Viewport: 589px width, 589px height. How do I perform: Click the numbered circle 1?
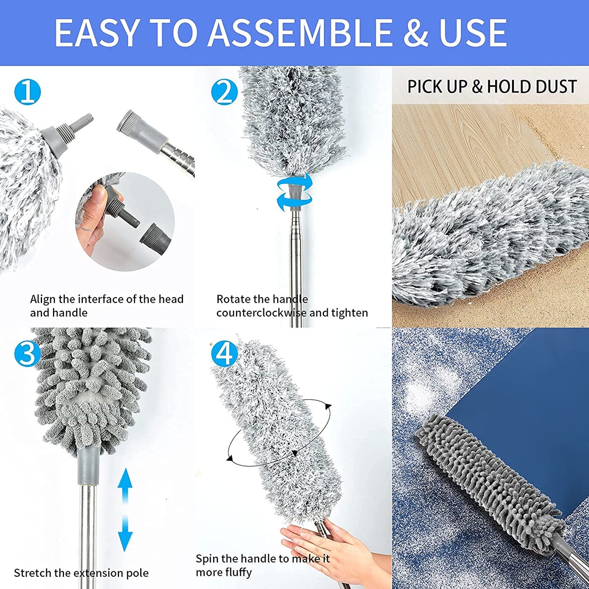tap(27, 92)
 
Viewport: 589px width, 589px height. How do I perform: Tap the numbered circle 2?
tap(224, 92)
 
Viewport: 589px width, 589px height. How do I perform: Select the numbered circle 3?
tap(27, 353)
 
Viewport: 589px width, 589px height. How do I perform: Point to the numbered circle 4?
tap(224, 353)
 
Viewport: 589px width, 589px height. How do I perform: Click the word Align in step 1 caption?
tap(42, 299)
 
